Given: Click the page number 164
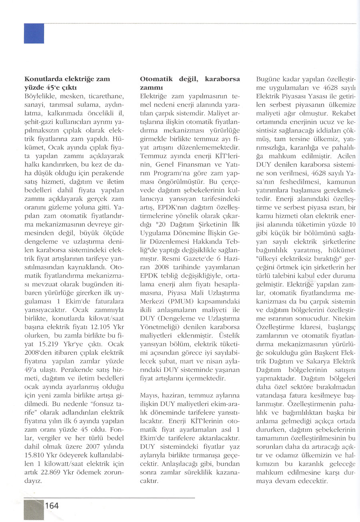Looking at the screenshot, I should [x=52, y=506].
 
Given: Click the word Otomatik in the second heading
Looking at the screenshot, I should [x=156, y=79].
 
